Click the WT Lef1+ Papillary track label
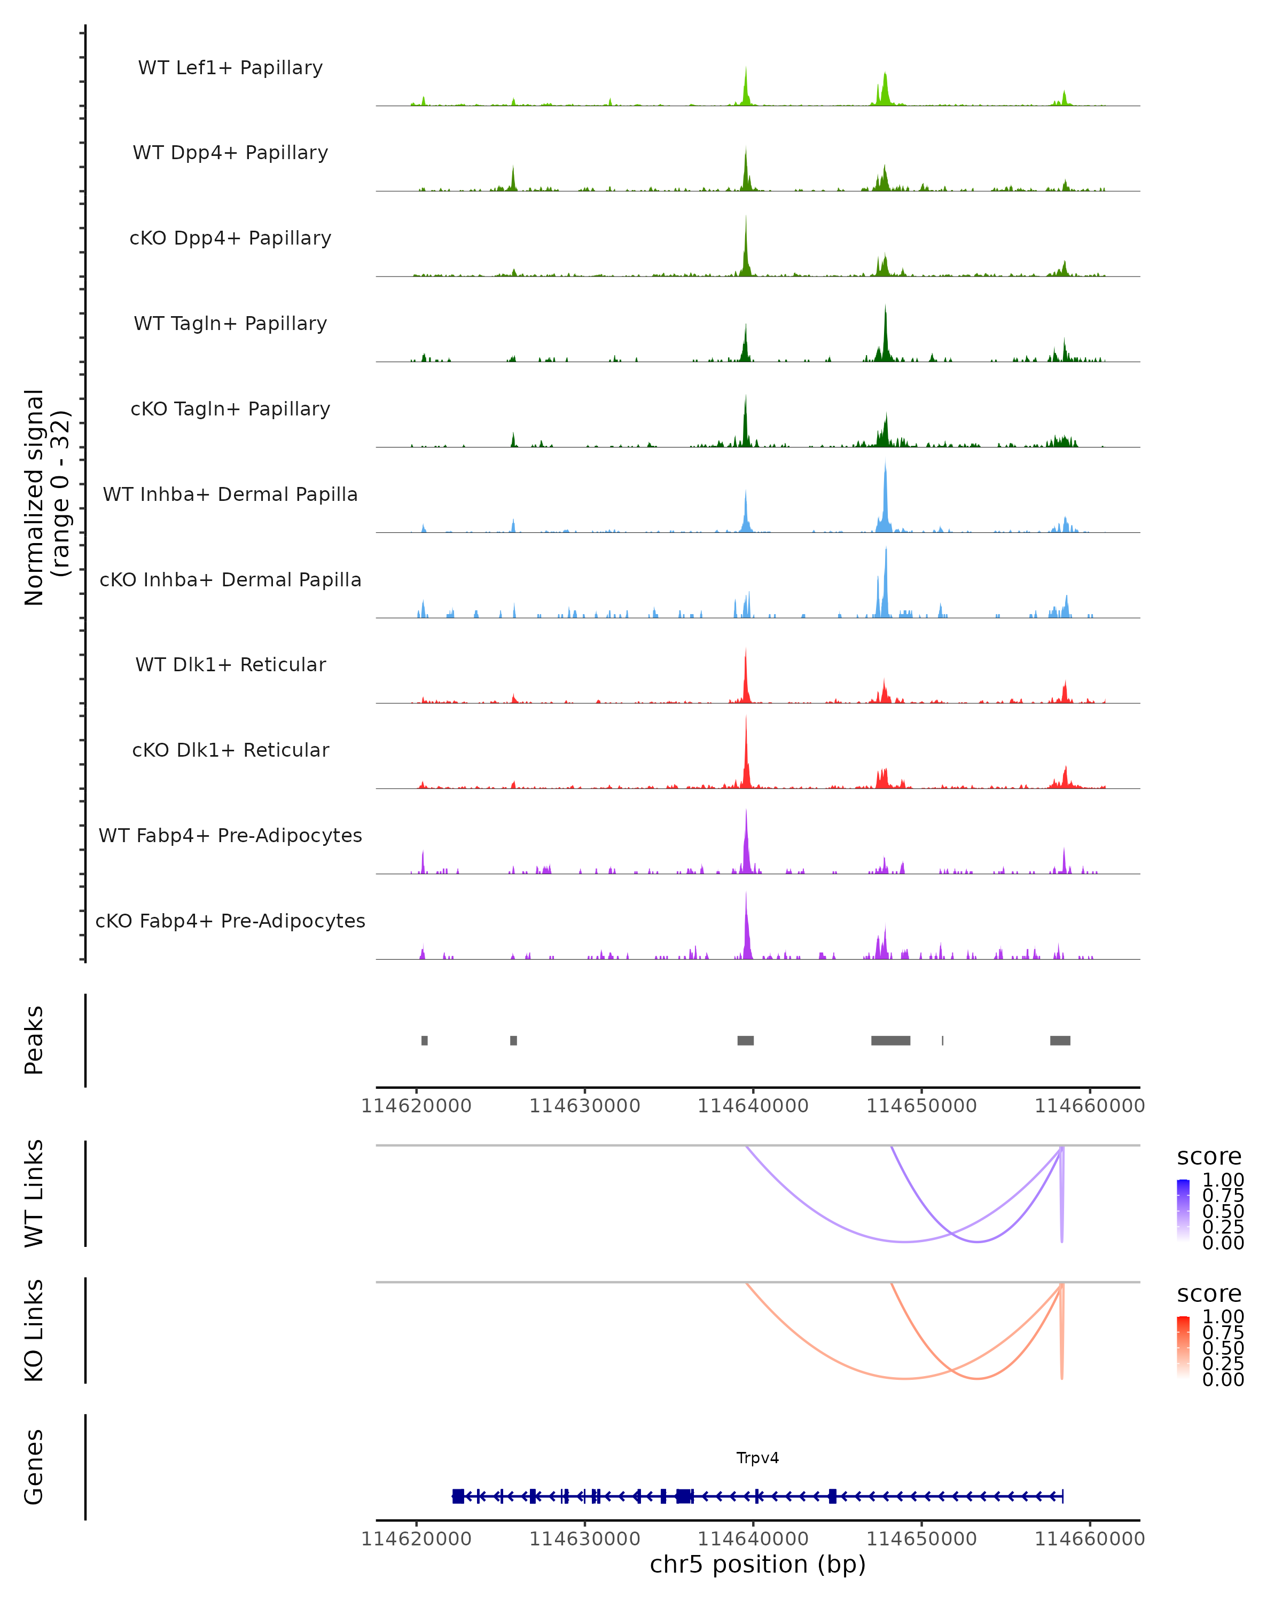click(230, 68)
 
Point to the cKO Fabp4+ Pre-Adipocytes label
click(230, 921)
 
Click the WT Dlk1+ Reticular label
click(230, 664)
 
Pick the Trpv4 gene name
click(757, 1457)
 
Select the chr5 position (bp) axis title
click(757, 1564)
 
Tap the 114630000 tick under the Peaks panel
click(584, 1106)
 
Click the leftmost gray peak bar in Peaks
click(424, 1040)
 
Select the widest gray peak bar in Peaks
click(890, 1040)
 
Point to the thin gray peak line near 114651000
click(942, 1040)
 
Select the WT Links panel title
click(34, 1192)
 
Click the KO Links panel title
click(34, 1330)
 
